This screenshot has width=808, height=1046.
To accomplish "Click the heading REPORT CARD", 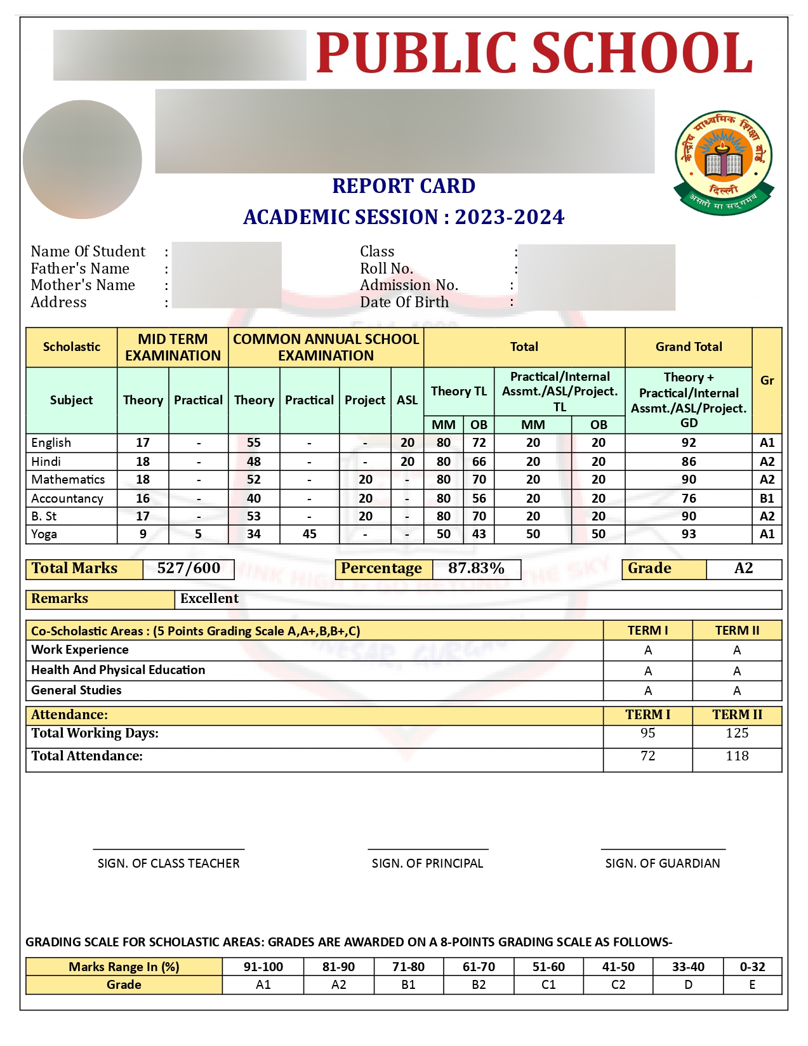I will [404, 186].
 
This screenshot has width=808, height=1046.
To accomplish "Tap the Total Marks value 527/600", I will [189, 568].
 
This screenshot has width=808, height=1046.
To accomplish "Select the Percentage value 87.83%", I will [476, 568].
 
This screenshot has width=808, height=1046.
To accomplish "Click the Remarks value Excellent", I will [209, 599].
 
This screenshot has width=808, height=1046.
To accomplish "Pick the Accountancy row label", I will [67, 498].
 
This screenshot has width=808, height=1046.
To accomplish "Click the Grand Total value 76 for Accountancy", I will [689, 498].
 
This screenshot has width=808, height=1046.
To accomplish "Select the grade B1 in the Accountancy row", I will [767, 498].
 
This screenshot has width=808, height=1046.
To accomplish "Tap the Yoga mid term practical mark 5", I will [198, 534].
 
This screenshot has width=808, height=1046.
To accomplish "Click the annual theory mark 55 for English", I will [254, 442].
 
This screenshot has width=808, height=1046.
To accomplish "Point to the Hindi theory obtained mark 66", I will [479, 461].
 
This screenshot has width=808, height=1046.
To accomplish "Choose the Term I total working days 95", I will [647, 733].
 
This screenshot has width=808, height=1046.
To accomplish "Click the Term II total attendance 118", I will [737, 756].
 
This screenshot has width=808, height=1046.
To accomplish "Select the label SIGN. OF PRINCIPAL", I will [427, 863].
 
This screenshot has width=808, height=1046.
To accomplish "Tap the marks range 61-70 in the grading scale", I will [479, 967].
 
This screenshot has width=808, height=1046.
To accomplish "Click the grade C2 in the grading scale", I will [618, 984].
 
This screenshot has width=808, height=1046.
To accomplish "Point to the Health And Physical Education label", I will [118, 670].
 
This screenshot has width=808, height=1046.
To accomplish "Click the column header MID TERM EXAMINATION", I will [173, 347].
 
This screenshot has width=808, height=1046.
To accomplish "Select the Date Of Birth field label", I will [404, 302].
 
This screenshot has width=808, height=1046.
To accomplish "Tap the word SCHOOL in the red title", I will [642, 53].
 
